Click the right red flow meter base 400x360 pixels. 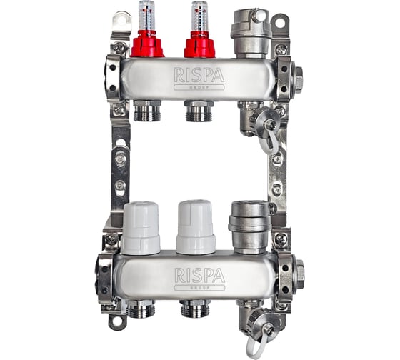point(200,45)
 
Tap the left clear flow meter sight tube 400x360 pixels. point(147,16)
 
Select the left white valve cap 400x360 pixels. point(141,229)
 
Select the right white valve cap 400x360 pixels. point(196,227)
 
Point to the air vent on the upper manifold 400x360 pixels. point(251,33)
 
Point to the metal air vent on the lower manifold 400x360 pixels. point(249,227)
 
